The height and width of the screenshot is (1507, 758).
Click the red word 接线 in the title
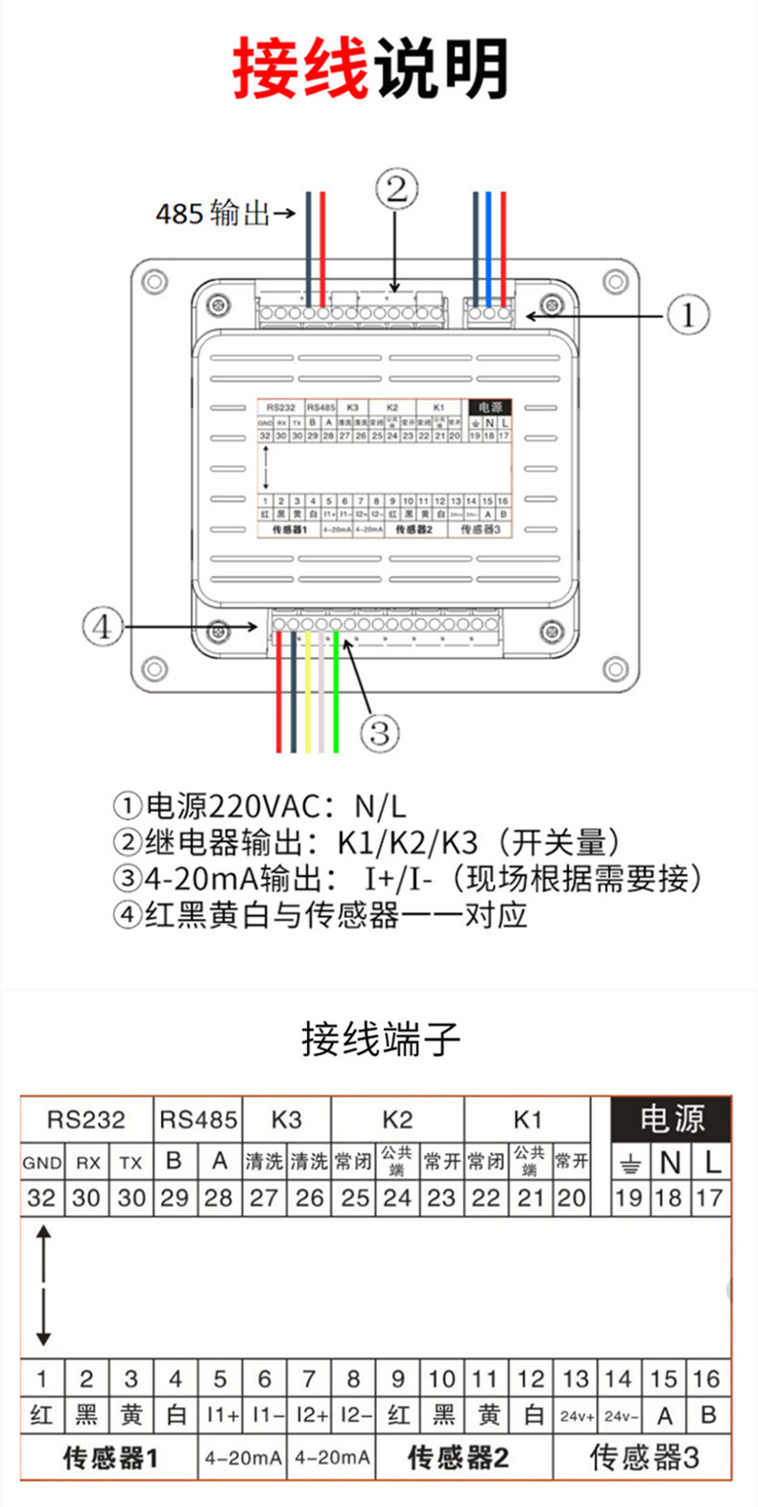[300, 69]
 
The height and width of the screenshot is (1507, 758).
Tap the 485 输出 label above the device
[213, 212]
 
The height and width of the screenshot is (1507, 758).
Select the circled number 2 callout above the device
[396, 189]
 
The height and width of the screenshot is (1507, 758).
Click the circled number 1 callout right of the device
[687, 315]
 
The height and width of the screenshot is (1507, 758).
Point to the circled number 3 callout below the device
[379, 734]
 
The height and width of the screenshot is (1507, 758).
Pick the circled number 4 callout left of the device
[102, 627]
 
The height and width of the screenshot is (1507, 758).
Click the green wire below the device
[336, 700]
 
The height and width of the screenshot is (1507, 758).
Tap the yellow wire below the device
[307, 700]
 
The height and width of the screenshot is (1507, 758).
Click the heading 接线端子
[381, 1039]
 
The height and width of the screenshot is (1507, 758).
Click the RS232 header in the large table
[86, 1119]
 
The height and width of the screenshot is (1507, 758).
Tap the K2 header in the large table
[397, 1119]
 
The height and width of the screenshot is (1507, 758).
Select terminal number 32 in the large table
[41, 1197]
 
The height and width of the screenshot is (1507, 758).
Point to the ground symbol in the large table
[629, 1164]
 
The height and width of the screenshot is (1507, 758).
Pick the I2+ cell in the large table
[309, 1415]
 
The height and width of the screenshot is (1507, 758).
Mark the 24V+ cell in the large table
[577, 1416]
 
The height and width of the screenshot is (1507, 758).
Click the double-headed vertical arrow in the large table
[42, 1285]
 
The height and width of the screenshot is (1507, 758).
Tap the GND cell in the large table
[42, 1163]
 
